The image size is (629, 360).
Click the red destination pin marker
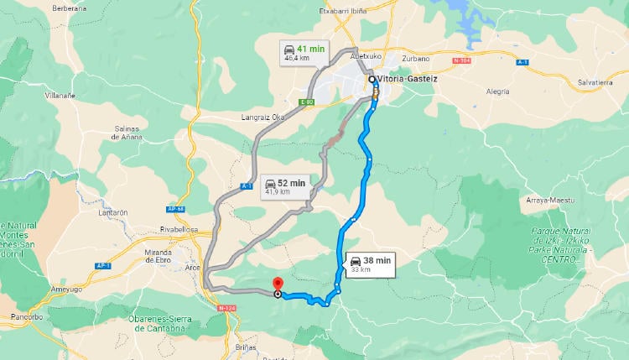point(278,285)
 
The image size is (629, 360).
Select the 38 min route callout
point(370,264)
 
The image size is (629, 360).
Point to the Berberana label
point(70,8)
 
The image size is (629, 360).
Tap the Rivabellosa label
point(179,228)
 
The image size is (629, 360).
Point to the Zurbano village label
point(415,59)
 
